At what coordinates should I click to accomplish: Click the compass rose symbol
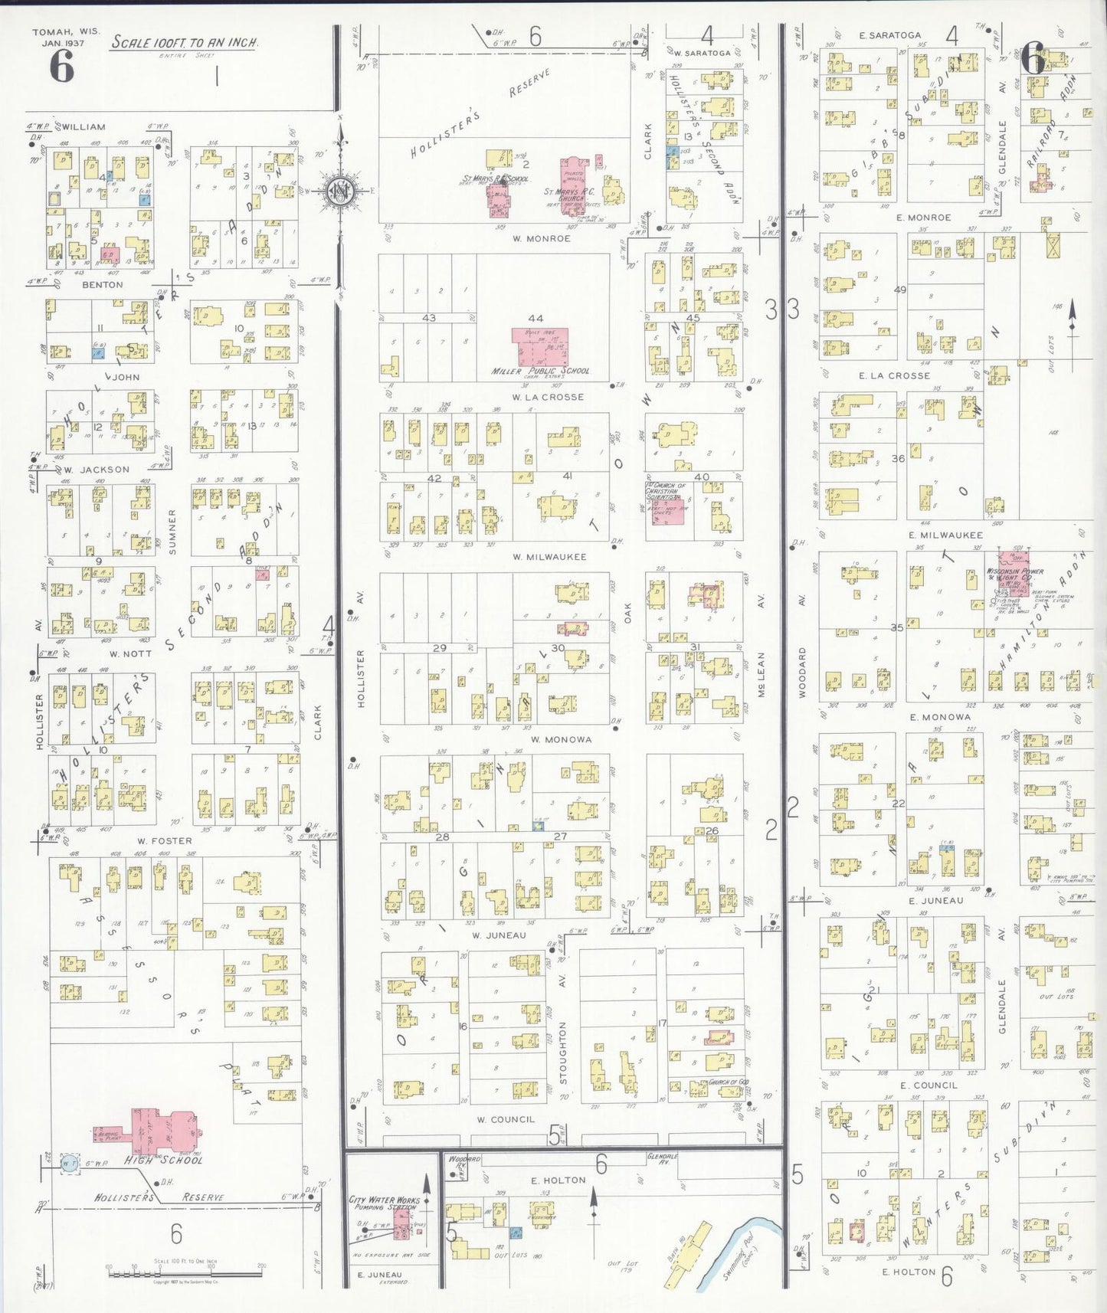click(339, 190)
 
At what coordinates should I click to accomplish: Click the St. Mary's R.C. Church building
click(573, 184)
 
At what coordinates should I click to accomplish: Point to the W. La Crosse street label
click(548, 397)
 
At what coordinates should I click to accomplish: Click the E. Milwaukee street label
click(945, 535)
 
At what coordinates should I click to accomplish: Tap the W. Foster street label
click(165, 840)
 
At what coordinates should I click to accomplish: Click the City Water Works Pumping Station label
click(384, 1203)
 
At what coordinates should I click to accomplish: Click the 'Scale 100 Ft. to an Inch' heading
click(185, 42)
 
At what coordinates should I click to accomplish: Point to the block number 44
click(535, 318)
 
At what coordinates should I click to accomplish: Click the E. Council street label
click(929, 1085)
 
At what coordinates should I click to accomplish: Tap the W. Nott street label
click(130, 653)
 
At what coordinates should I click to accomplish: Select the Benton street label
click(103, 284)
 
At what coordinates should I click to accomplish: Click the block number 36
click(898, 458)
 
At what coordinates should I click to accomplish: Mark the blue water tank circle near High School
click(70, 1164)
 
